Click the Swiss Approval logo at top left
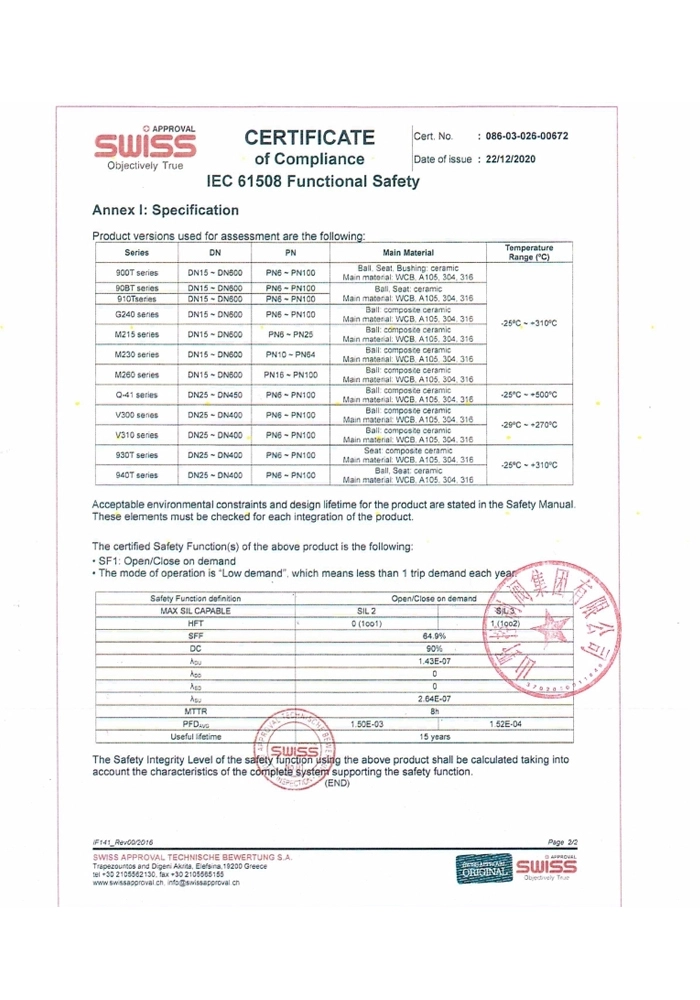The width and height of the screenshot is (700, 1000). point(145,150)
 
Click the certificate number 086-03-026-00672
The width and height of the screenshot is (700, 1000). point(526,136)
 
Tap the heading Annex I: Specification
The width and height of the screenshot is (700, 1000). point(165,211)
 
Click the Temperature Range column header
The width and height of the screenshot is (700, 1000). point(529,252)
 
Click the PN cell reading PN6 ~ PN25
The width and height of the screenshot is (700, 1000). point(291,334)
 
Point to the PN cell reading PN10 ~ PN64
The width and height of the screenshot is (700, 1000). point(291,355)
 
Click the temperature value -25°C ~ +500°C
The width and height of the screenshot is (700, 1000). point(529,397)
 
